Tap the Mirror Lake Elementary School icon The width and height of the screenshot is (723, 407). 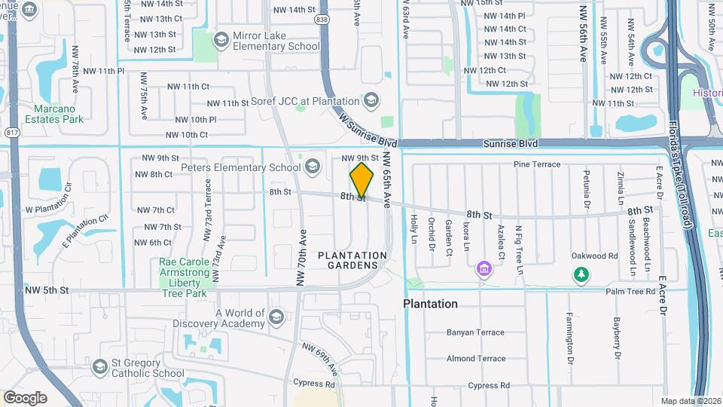pyautogui.click(x=221, y=38)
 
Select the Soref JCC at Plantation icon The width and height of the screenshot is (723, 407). pyautogui.click(x=371, y=99)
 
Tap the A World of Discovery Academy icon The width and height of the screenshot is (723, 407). pyautogui.click(x=276, y=316)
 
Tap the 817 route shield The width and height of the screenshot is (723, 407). pyautogui.click(x=11, y=131)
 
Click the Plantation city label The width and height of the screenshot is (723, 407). pyautogui.click(x=430, y=304)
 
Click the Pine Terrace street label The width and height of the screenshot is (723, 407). pyautogui.click(x=536, y=164)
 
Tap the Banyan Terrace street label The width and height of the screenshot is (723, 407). pyautogui.click(x=475, y=332)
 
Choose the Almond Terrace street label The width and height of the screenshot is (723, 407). pyautogui.click(x=475, y=359)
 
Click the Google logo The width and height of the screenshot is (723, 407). pyautogui.click(x=25, y=398)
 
